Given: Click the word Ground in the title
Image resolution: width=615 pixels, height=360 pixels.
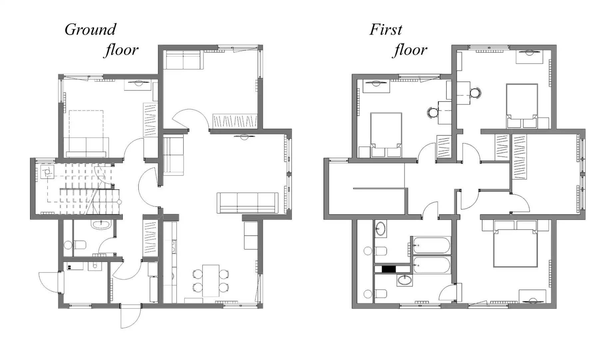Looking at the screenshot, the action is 90,30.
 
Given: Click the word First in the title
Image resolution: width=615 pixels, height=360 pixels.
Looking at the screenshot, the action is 386,30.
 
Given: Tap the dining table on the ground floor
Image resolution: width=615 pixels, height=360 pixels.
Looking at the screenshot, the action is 211,280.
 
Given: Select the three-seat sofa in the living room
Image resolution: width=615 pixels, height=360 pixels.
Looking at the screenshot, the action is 248,203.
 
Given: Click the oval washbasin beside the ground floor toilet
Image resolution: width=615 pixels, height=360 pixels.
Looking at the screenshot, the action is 101,225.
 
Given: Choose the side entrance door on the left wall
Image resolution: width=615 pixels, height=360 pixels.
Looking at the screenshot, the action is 50,282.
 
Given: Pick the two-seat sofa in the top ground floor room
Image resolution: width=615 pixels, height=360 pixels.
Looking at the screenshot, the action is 183,60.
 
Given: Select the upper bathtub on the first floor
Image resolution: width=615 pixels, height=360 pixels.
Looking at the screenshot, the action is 432,246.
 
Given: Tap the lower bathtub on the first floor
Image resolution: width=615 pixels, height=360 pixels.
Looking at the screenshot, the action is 432,265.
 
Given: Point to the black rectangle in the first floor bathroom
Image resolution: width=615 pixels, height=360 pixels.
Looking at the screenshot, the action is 388,269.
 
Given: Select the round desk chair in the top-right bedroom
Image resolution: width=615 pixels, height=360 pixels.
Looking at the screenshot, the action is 475,93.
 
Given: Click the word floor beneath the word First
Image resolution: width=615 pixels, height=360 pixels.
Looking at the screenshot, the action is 410,50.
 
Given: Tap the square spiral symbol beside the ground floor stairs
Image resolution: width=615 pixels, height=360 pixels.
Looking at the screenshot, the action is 47,172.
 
